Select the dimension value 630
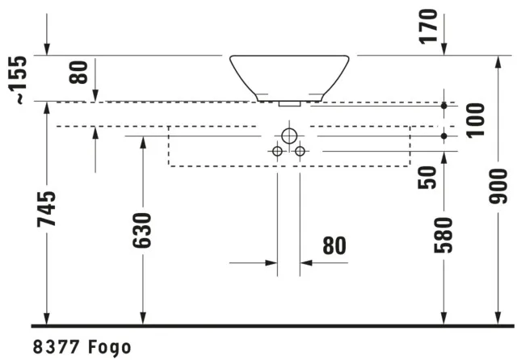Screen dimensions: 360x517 [x=144, y=232]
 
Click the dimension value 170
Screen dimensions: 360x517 [x=430, y=27]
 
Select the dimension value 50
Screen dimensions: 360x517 [x=430, y=178]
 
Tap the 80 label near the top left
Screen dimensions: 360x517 [x=78, y=71]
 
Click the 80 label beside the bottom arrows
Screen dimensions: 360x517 [x=334, y=245]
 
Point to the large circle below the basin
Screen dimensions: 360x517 [x=289, y=136]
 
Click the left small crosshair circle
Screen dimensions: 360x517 [x=277, y=151]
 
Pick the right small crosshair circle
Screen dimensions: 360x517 [x=301, y=151]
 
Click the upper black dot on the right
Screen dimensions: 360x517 [x=443, y=106]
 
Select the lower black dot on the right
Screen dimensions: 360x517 [x=443, y=136]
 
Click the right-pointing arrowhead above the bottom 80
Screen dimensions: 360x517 [x=271, y=262]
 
